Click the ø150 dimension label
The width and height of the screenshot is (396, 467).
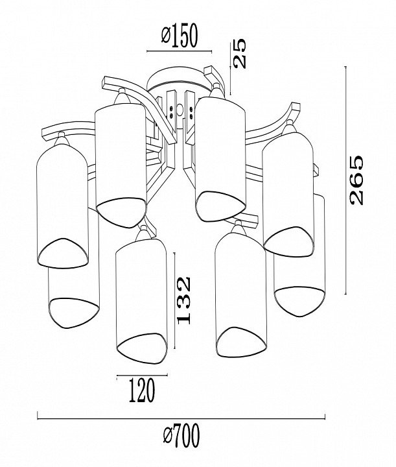point(180,36)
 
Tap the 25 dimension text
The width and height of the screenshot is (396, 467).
point(240,53)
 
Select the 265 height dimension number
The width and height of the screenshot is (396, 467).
point(356,180)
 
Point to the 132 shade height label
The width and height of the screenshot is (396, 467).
point(183,300)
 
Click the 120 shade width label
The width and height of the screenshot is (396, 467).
point(142,390)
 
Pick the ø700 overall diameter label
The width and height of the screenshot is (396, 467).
point(181,437)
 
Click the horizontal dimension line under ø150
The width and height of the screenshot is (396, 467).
point(180,51)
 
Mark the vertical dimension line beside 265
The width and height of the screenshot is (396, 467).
point(345,180)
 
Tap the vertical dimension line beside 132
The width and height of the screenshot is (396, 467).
point(174,300)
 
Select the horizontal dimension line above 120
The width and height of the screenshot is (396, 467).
point(142,376)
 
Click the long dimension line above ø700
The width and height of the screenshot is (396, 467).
point(181,419)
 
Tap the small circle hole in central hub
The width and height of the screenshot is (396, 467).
point(180,110)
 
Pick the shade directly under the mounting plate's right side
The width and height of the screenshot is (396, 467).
point(220,159)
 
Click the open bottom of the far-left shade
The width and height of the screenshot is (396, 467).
point(63,252)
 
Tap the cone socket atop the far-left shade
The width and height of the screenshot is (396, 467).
point(62,139)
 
